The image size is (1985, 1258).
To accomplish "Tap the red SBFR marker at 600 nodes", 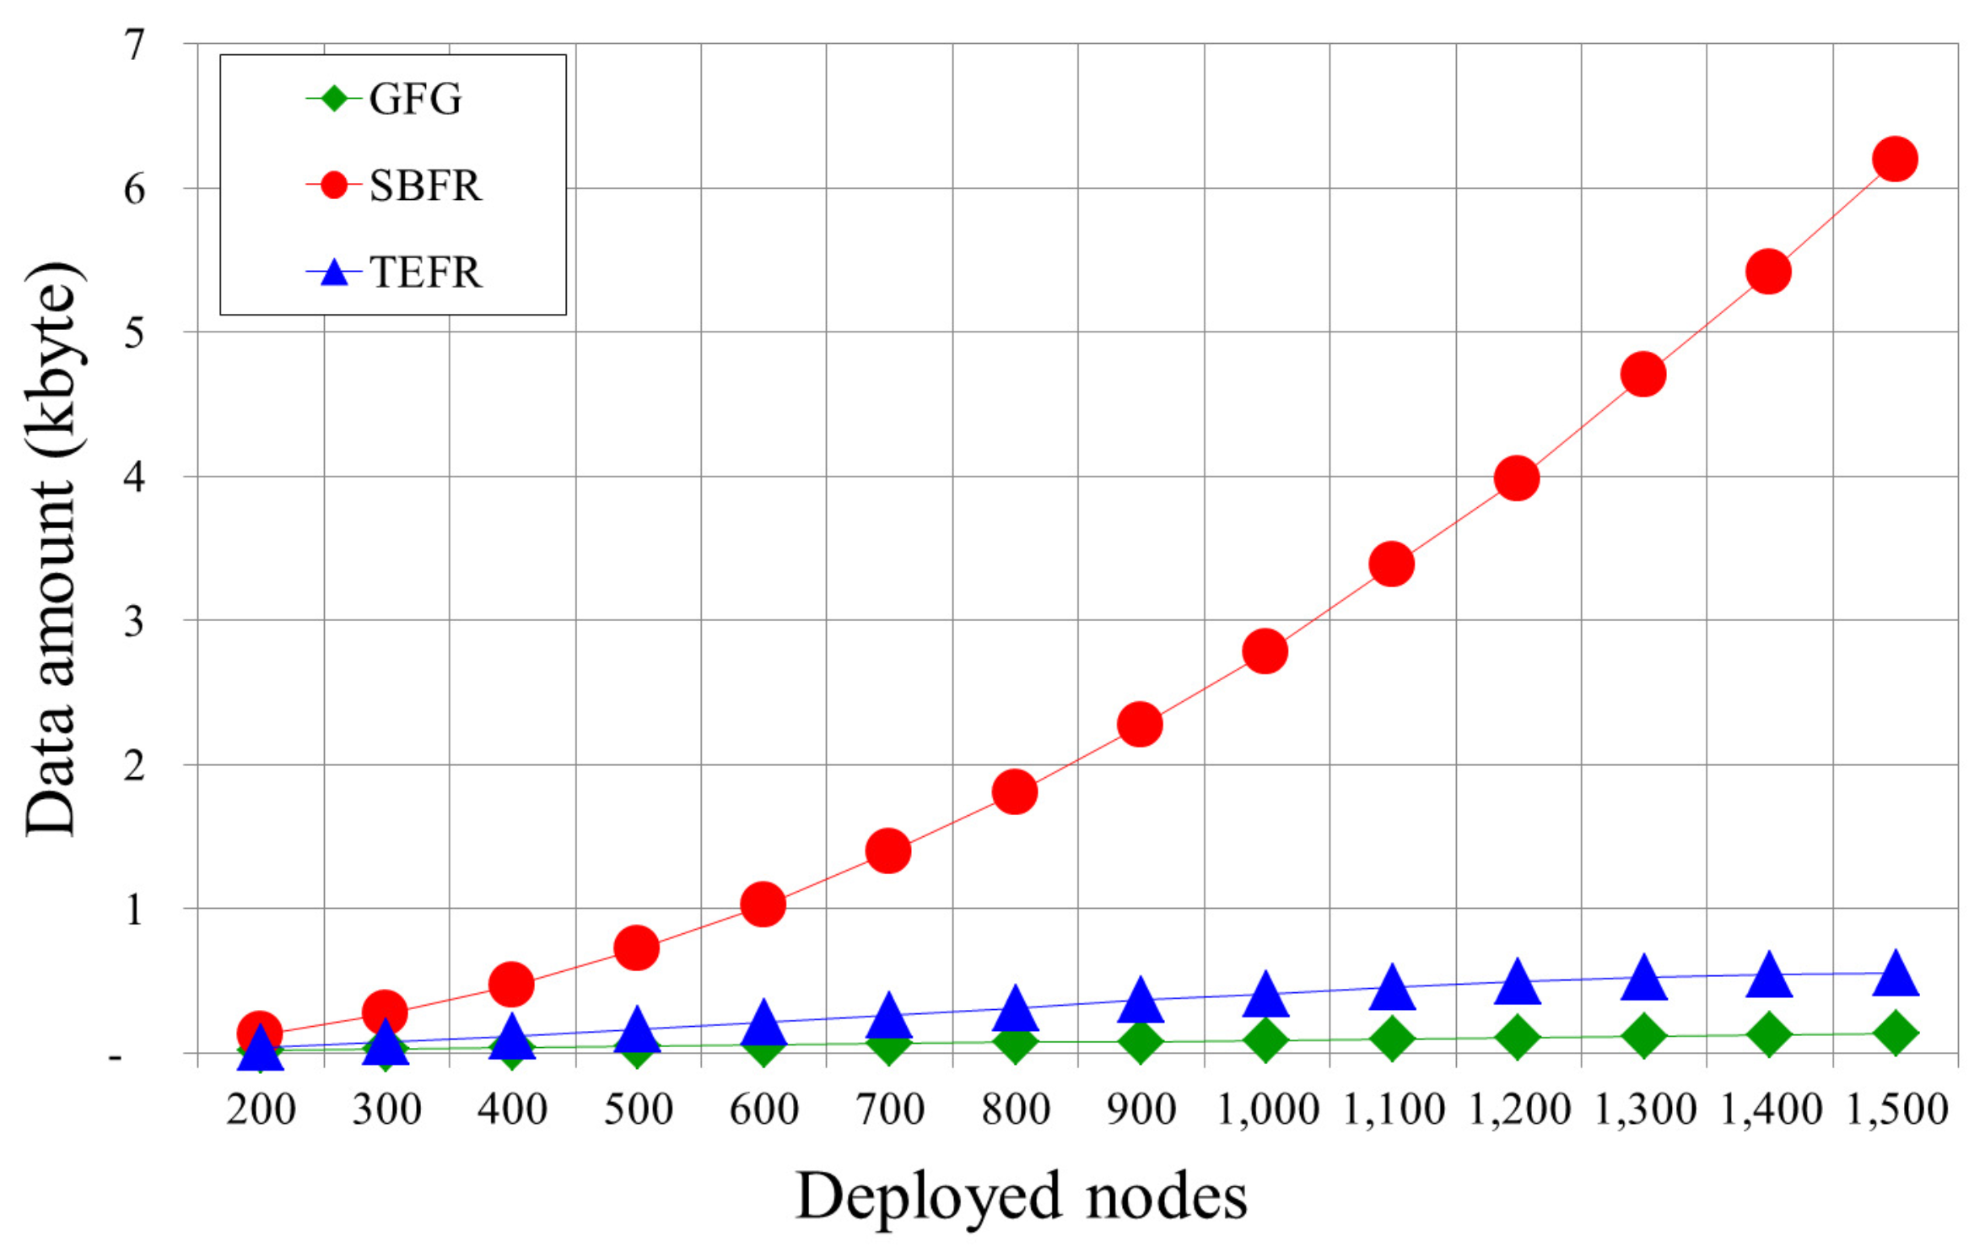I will click(x=763, y=904).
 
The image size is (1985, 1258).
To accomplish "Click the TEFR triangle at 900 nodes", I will click(x=1141, y=1001).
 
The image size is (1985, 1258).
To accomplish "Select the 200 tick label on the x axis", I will click(x=261, y=1110).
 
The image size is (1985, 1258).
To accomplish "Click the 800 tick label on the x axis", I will click(x=1015, y=1110).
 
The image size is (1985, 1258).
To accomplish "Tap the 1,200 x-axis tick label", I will click(x=1518, y=1110).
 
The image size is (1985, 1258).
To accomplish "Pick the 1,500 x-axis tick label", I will click(x=1896, y=1110).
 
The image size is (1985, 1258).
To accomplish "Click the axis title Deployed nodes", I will click(x=1021, y=1196).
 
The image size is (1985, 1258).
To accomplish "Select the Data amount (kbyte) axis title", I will click(x=52, y=548).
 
